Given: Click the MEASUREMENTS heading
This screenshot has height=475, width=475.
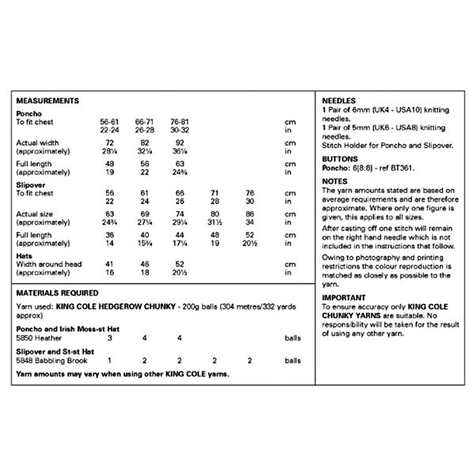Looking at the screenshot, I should coord(47,101).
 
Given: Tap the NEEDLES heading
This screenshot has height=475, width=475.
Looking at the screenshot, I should coord(338,101).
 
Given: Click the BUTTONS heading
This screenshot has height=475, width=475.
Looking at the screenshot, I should coord(339,159).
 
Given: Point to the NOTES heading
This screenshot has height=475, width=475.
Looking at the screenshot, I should coord(335,181).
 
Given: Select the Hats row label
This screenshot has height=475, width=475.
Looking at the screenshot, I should coord(25,256).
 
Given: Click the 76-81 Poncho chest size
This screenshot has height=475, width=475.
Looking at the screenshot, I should coord(179,121).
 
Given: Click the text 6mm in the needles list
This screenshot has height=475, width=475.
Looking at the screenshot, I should coord(363,112).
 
